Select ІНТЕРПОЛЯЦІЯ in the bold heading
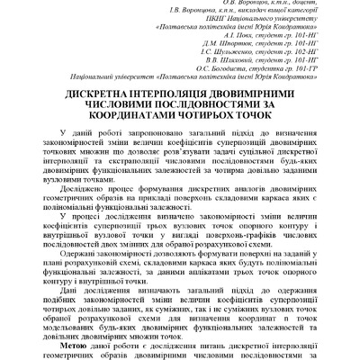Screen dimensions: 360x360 pyautogui.click(x=176, y=94)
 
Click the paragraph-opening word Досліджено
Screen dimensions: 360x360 pyautogui.click(x=85, y=191)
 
